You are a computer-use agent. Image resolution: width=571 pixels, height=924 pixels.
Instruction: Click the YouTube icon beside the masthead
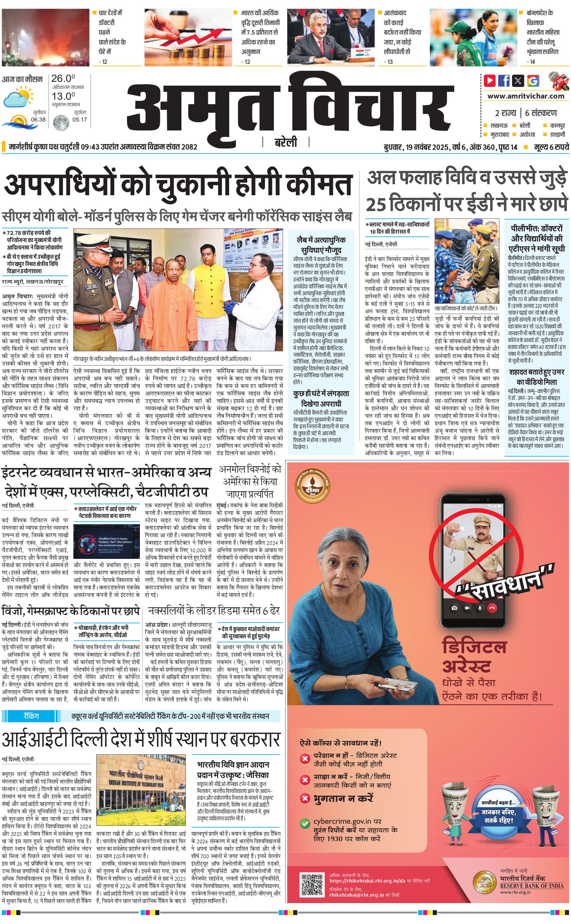(490, 80)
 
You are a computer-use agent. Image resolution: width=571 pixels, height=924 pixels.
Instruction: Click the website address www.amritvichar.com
(526, 96)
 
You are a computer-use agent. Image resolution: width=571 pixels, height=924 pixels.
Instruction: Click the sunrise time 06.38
(38, 119)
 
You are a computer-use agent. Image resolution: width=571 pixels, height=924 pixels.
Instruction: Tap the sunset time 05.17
(79, 119)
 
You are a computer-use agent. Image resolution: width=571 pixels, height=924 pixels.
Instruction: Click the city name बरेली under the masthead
(285, 142)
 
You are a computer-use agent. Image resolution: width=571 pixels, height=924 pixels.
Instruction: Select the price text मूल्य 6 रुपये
(551, 147)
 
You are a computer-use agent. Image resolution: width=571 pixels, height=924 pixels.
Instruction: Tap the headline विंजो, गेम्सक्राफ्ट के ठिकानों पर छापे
(71, 611)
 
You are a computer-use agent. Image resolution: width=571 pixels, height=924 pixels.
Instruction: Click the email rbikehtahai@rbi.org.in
(357, 895)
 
